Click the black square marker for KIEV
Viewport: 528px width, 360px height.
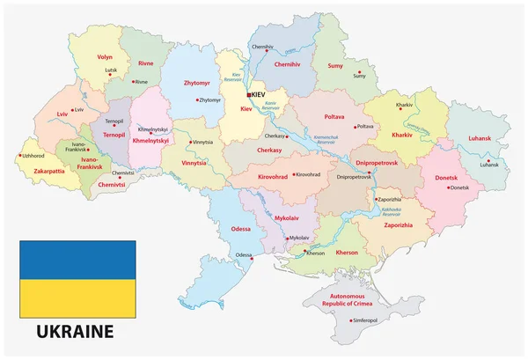coord(249,94)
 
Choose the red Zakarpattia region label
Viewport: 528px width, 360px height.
coord(42,171)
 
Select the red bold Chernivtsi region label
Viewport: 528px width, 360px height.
coord(113,186)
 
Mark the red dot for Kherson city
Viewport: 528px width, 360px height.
coord(304,253)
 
